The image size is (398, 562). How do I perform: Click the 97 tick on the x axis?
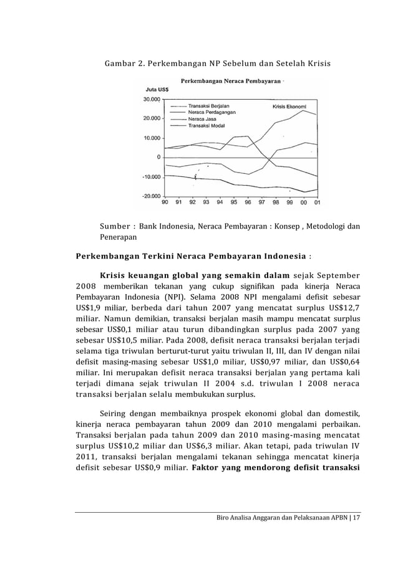coord(261,202)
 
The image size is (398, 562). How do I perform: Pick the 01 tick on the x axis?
coord(318,202)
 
